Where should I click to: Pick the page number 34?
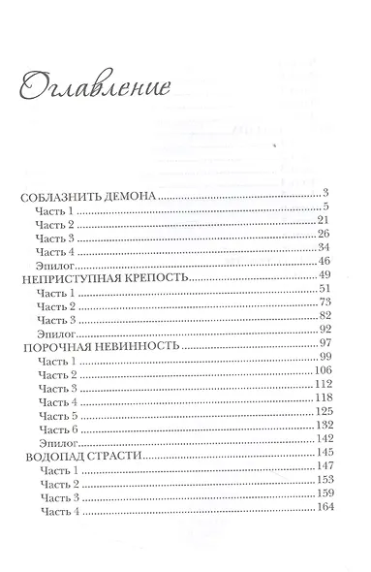click(x=325, y=249)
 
